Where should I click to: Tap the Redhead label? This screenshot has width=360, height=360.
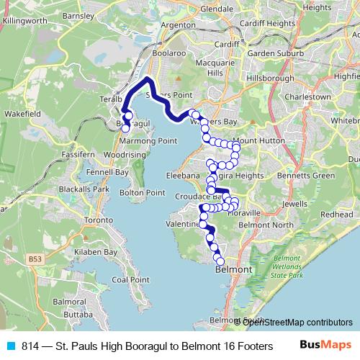pyautogui.click(x=337, y=215)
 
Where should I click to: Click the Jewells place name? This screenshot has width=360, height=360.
pyautogui.click(x=295, y=204)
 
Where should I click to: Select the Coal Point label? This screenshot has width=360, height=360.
pyautogui.click(x=130, y=279)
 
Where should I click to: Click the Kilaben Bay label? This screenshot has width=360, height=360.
pyautogui.click(x=99, y=253)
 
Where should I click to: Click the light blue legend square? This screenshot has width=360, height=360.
pyautogui.click(x=10, y=346)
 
